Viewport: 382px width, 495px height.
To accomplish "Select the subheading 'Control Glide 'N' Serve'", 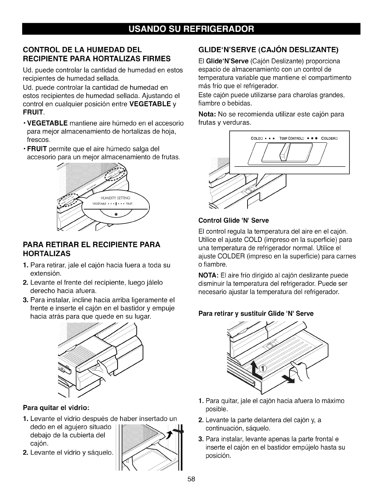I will (233, 221).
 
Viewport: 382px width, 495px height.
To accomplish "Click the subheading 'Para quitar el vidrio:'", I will (56, 408).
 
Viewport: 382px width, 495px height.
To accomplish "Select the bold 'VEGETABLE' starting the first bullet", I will (48, 123).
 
